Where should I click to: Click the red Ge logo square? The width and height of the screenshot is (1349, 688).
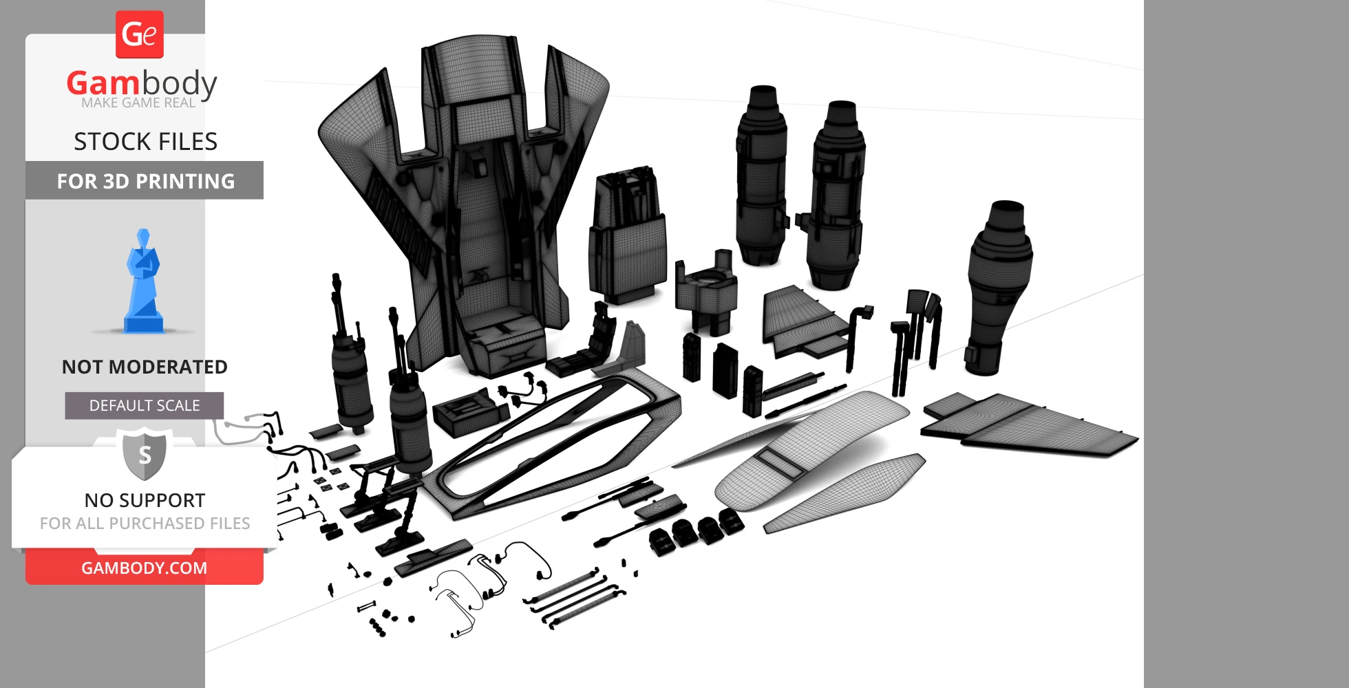[x=140, y=34]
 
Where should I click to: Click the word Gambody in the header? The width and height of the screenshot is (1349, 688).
[x=142, y=83]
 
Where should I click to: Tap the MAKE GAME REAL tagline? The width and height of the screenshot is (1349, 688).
[x=138, y=103]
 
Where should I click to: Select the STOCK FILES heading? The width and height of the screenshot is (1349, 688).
[x=145, y=142]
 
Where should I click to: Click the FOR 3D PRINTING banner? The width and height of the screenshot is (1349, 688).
[x=145, y=180]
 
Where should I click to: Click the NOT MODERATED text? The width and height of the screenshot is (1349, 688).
[x=145, y=367]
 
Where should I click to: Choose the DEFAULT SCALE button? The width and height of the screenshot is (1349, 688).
[x=145, y=406]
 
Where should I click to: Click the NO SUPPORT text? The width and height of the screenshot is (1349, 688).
[x=145, y=500]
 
